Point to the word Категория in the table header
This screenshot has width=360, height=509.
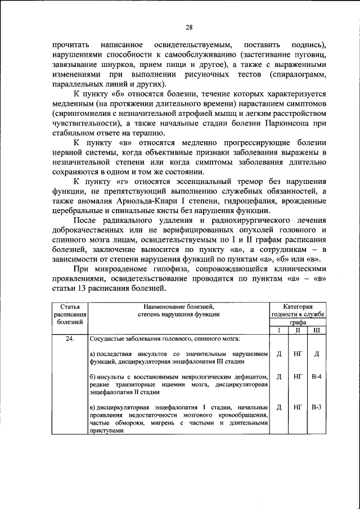297,306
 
